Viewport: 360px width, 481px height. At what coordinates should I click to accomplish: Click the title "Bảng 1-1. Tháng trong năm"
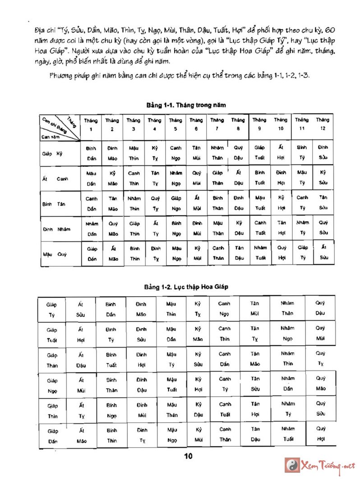186,105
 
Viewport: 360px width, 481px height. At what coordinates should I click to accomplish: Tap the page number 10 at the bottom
189,457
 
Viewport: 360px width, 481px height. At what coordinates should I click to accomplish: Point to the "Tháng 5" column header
175,124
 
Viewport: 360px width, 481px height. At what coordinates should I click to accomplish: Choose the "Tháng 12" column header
323,124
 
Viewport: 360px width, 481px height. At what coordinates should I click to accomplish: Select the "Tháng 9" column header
259,124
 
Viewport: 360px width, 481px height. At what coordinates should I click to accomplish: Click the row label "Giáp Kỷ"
52,153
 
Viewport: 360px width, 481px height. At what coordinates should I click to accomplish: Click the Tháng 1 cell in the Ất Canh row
92,178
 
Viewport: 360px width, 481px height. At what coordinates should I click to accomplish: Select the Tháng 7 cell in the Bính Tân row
218,203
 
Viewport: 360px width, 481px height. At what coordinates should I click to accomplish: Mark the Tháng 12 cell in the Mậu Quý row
323,253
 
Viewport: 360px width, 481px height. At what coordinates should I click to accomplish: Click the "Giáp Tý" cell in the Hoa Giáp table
51,310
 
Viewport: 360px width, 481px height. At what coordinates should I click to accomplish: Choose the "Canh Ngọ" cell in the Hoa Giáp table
224,310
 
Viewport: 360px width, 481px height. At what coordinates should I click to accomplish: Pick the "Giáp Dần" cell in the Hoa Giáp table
52,436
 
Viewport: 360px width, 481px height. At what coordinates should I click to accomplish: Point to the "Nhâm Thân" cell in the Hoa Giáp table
287,309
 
